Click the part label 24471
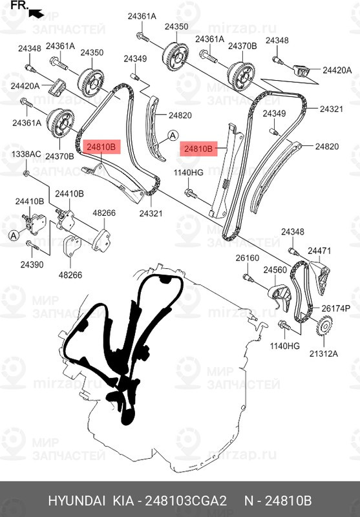pos(319,250)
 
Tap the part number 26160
pos(246,258)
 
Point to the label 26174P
pos(336,308)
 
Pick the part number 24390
pos(31,264)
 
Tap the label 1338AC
pos(26,154)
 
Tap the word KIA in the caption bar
pos(121,501)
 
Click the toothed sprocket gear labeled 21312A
pos(321,327)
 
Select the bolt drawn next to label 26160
pos(249,279)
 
